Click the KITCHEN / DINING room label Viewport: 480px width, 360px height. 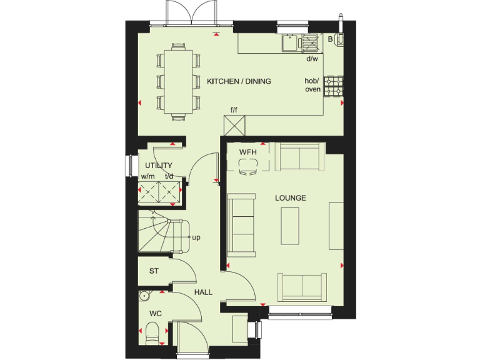coord(239,81)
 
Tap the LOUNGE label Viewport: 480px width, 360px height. coord(291,198)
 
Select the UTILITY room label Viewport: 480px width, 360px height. coord(158,166)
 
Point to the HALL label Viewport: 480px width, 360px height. coord(203,292)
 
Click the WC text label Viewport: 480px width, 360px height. coord(155,312)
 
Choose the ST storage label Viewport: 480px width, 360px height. coord(153,271)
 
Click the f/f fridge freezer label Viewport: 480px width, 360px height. coord(234,110)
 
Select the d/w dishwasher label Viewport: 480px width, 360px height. coord(312,59)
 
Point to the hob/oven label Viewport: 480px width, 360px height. coord(312,85)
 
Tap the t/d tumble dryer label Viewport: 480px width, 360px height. coord(169,176)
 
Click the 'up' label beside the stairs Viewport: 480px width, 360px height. coord(196,237)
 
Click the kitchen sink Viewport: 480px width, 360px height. coord(291,42)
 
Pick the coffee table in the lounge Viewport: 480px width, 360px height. coord(291,225)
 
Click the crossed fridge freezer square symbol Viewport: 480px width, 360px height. coord(236,126)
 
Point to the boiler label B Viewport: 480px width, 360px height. coord(331,39)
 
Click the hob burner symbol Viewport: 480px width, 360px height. coord(334,86)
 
